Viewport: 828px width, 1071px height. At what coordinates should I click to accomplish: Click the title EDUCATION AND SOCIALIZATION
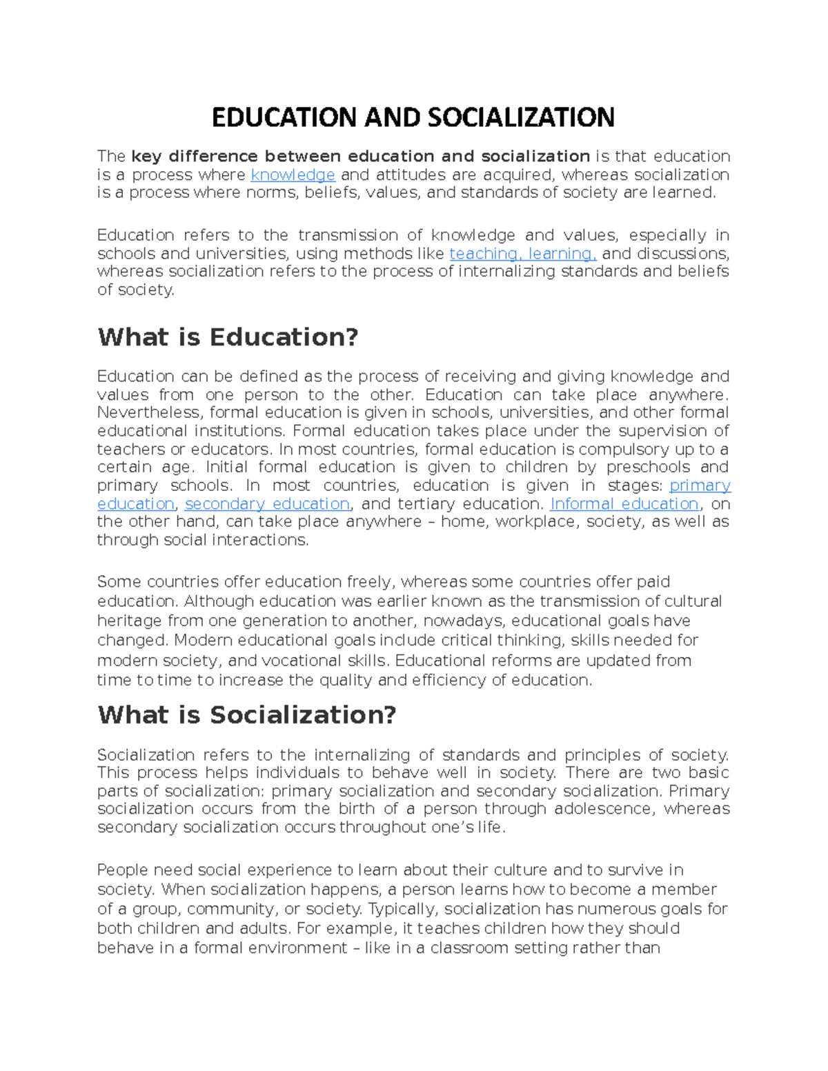coord(413,117)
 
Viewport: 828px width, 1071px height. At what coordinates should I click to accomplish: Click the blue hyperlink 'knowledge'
coord(293,174)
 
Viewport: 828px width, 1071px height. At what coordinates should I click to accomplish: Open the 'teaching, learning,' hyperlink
coord(522,254)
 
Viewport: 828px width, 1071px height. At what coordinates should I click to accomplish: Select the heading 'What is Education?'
coord(228,337)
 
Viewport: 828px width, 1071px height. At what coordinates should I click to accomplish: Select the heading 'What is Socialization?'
coord(247,714)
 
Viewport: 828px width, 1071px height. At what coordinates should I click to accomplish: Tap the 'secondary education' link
coord(267,503)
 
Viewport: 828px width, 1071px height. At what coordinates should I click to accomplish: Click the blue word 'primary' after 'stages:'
coord(700,486)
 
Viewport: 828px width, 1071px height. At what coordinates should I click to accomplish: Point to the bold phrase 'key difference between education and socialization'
coord(360,157)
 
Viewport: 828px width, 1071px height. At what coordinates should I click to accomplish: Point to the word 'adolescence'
coord(603,808)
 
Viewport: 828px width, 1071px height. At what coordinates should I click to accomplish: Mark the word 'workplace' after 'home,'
coord(535,522)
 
